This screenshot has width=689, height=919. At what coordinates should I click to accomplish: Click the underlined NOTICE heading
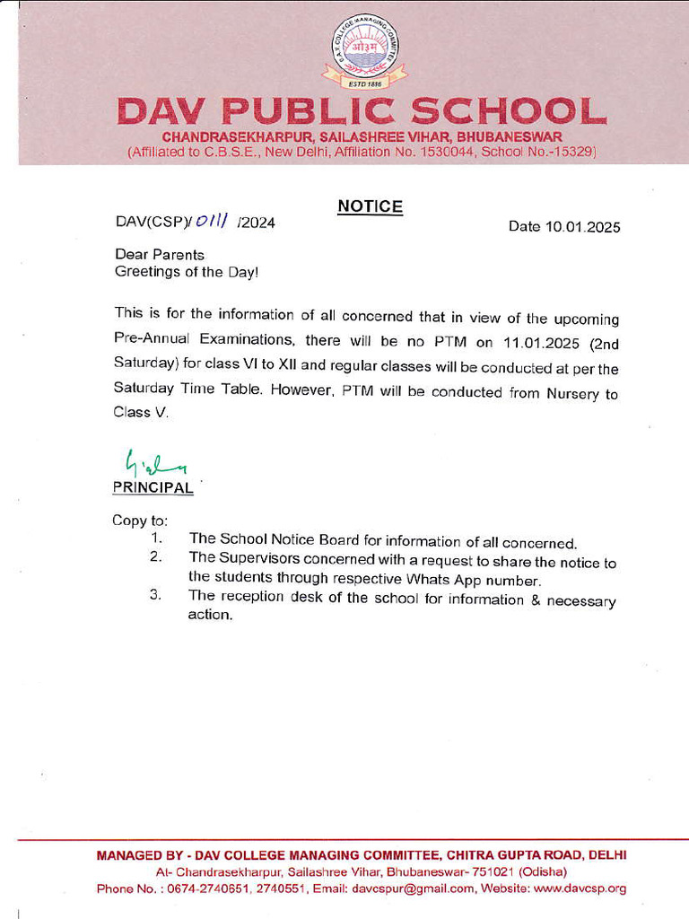click(370, 206)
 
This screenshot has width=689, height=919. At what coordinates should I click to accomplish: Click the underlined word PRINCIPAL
click(153, 488)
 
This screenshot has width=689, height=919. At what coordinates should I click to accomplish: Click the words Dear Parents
click(160, 255)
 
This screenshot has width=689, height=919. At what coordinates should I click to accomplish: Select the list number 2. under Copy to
click(155, 557)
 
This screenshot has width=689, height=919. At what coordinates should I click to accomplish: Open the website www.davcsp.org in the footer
click(580, 888)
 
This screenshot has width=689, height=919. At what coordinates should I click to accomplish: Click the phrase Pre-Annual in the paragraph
click(152, 341)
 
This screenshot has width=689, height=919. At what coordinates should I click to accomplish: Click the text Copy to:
click(140, 521)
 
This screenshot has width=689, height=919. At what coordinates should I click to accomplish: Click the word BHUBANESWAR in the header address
click(510, 136)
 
